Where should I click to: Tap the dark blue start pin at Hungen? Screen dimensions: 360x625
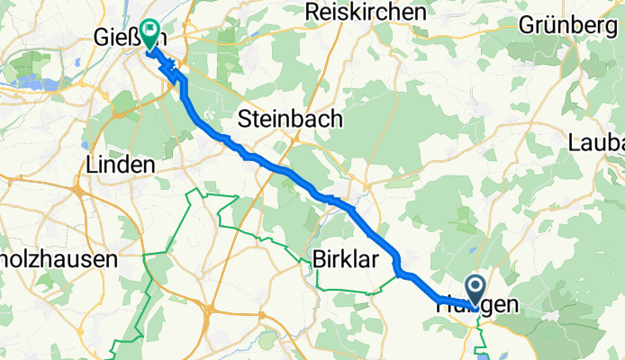(x=475, y=290)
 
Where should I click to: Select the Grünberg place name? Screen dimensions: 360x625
(x=568, y=25)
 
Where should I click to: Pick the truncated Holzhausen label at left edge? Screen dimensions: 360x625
(x=59, y=259)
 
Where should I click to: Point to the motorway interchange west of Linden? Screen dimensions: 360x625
(x=80, y=191)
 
